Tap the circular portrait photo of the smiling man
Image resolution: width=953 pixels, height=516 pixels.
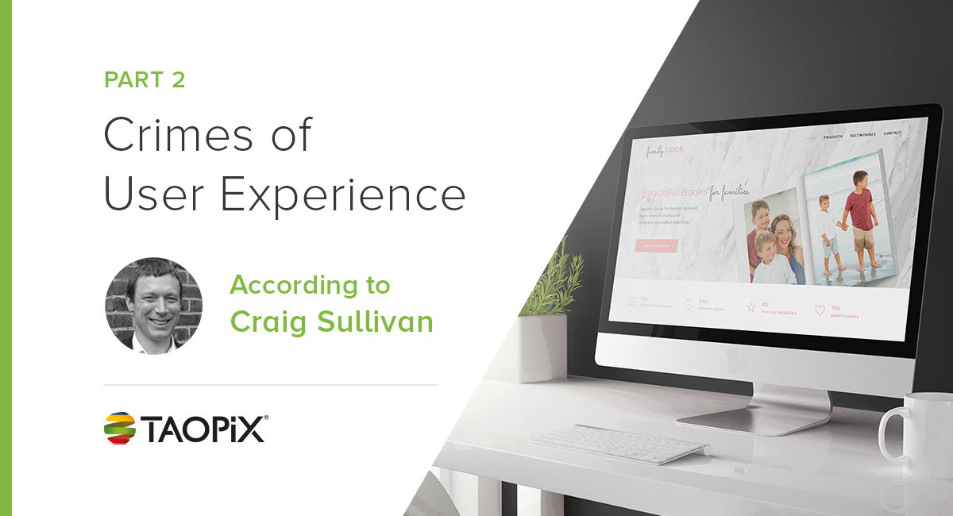click(154, 306)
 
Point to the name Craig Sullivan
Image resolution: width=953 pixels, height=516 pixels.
click(331, 322)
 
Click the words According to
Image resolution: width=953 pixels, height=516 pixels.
click(310, 285)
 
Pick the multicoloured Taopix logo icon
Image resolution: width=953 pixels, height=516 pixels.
click(120, 428)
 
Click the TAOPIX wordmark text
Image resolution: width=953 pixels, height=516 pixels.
click(204, 429)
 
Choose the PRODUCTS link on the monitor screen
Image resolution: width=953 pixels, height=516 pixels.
click(832, 137)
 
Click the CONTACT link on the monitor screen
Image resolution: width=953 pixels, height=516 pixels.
click(892, 133)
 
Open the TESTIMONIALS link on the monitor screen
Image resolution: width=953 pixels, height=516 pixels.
click(862, 135)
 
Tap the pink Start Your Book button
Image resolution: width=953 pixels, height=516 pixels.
click(656, 246)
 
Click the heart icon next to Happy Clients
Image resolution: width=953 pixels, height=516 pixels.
click(820, 310)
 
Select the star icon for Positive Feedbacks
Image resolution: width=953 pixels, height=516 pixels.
click(750, 306)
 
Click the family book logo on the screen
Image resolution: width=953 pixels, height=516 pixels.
click(663, 148)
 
